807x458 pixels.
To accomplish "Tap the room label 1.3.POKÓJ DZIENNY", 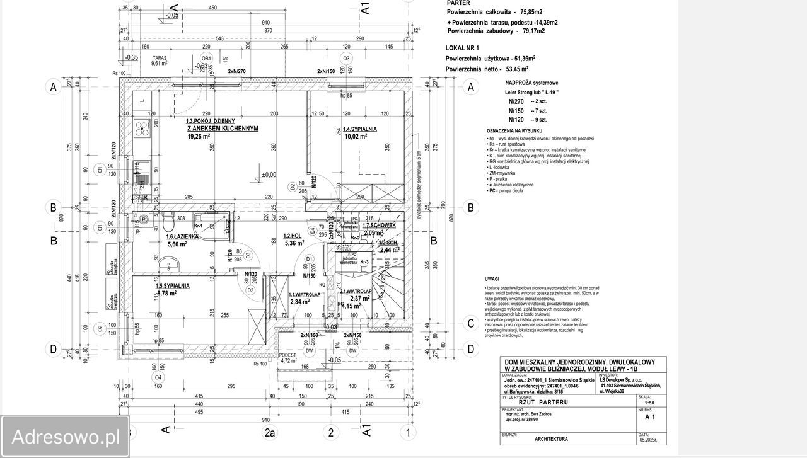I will [210, 121].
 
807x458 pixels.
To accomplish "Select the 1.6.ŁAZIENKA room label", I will [183, 237].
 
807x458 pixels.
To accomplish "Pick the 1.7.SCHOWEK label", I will [379, 225].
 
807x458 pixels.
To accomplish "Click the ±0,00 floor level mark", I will [269, 175].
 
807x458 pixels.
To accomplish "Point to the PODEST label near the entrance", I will [288, 354].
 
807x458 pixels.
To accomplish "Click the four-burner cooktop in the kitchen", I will [141, 132].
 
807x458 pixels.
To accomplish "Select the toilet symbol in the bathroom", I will [168, 223].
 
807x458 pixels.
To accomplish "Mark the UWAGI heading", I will [492, 278].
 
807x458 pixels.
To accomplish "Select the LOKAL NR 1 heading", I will [463, 48].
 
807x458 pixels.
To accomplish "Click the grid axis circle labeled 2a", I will [270, 432].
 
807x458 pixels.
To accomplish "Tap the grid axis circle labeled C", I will [470, 324].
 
